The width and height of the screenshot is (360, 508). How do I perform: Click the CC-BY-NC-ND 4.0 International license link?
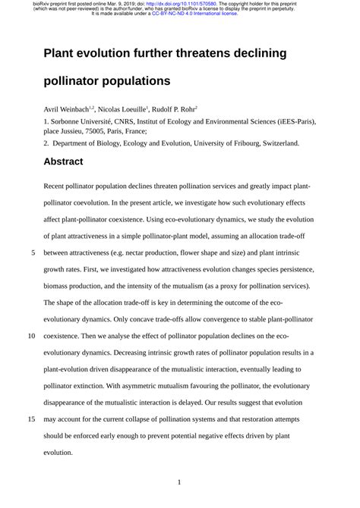(198, 14)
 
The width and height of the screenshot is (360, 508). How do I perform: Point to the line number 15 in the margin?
(32, 417)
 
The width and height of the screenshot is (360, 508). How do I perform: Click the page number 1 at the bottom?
(179, 481)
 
